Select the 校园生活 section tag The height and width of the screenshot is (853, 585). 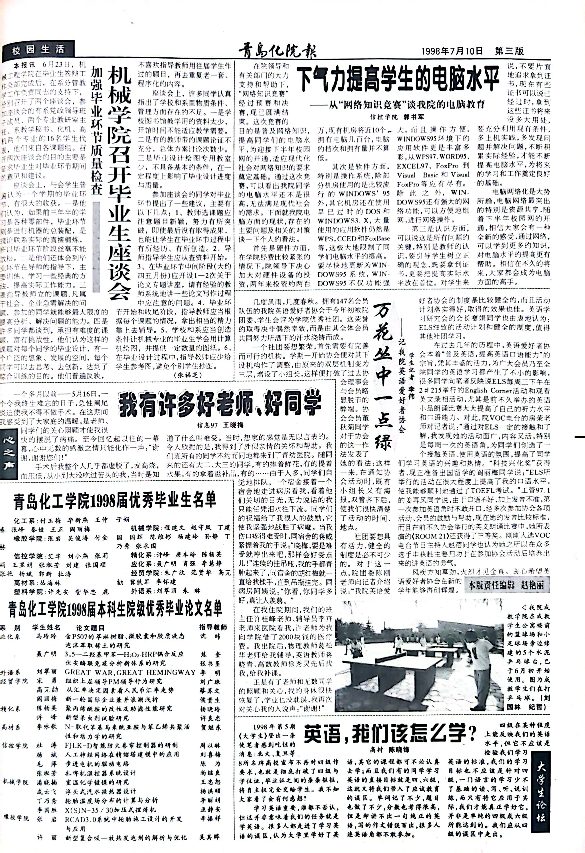38,50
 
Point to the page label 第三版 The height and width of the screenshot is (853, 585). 509,51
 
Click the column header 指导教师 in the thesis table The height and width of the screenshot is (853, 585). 213,627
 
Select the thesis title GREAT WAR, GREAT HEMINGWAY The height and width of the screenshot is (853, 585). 130,672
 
